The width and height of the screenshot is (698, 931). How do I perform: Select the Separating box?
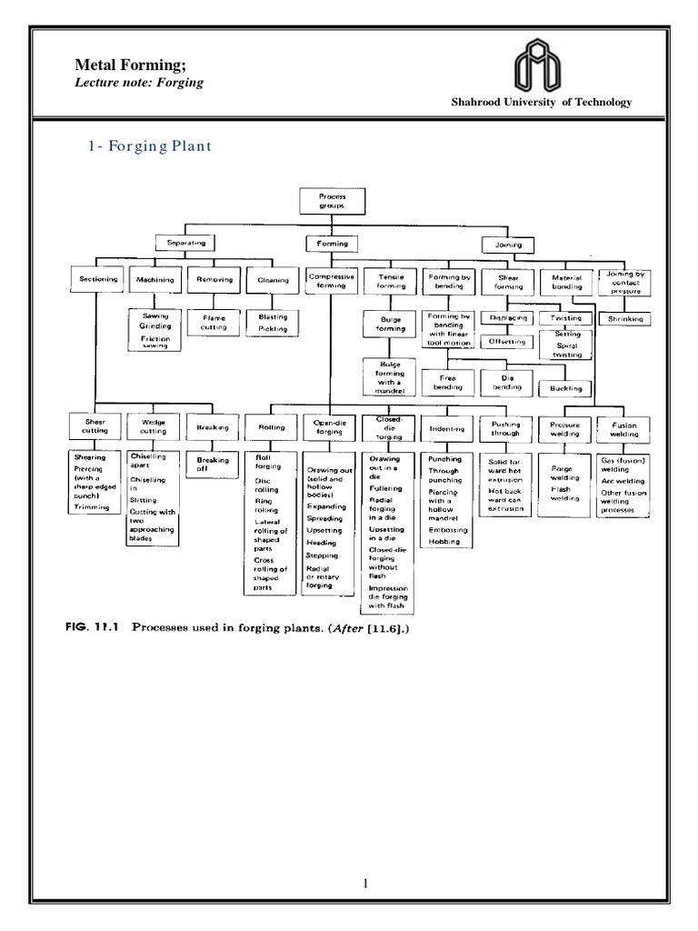coord(184,244)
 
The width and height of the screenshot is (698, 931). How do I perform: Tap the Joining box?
coord(508,245)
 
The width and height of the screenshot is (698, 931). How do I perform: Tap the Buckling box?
coord(566,387)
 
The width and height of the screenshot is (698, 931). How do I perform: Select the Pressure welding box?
coord(564,428)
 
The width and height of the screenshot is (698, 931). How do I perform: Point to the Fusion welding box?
coord(625,428)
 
